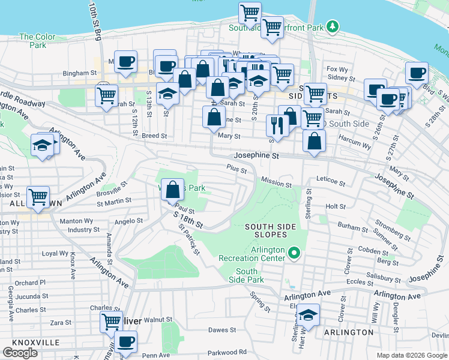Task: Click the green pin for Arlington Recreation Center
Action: (294, 253)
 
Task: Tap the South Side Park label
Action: (247, 276)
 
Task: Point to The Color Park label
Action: (37, 41)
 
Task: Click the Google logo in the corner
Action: (20, 353)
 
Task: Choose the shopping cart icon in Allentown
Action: (38, 196)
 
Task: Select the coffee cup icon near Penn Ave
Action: (126, 342)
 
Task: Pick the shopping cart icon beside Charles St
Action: (112, 322)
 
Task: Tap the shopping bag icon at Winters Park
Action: (173, 190)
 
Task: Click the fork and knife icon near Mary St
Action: (277, 125)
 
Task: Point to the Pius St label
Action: (236, 170)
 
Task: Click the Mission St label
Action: (276, 181)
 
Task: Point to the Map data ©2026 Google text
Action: (411, 355)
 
